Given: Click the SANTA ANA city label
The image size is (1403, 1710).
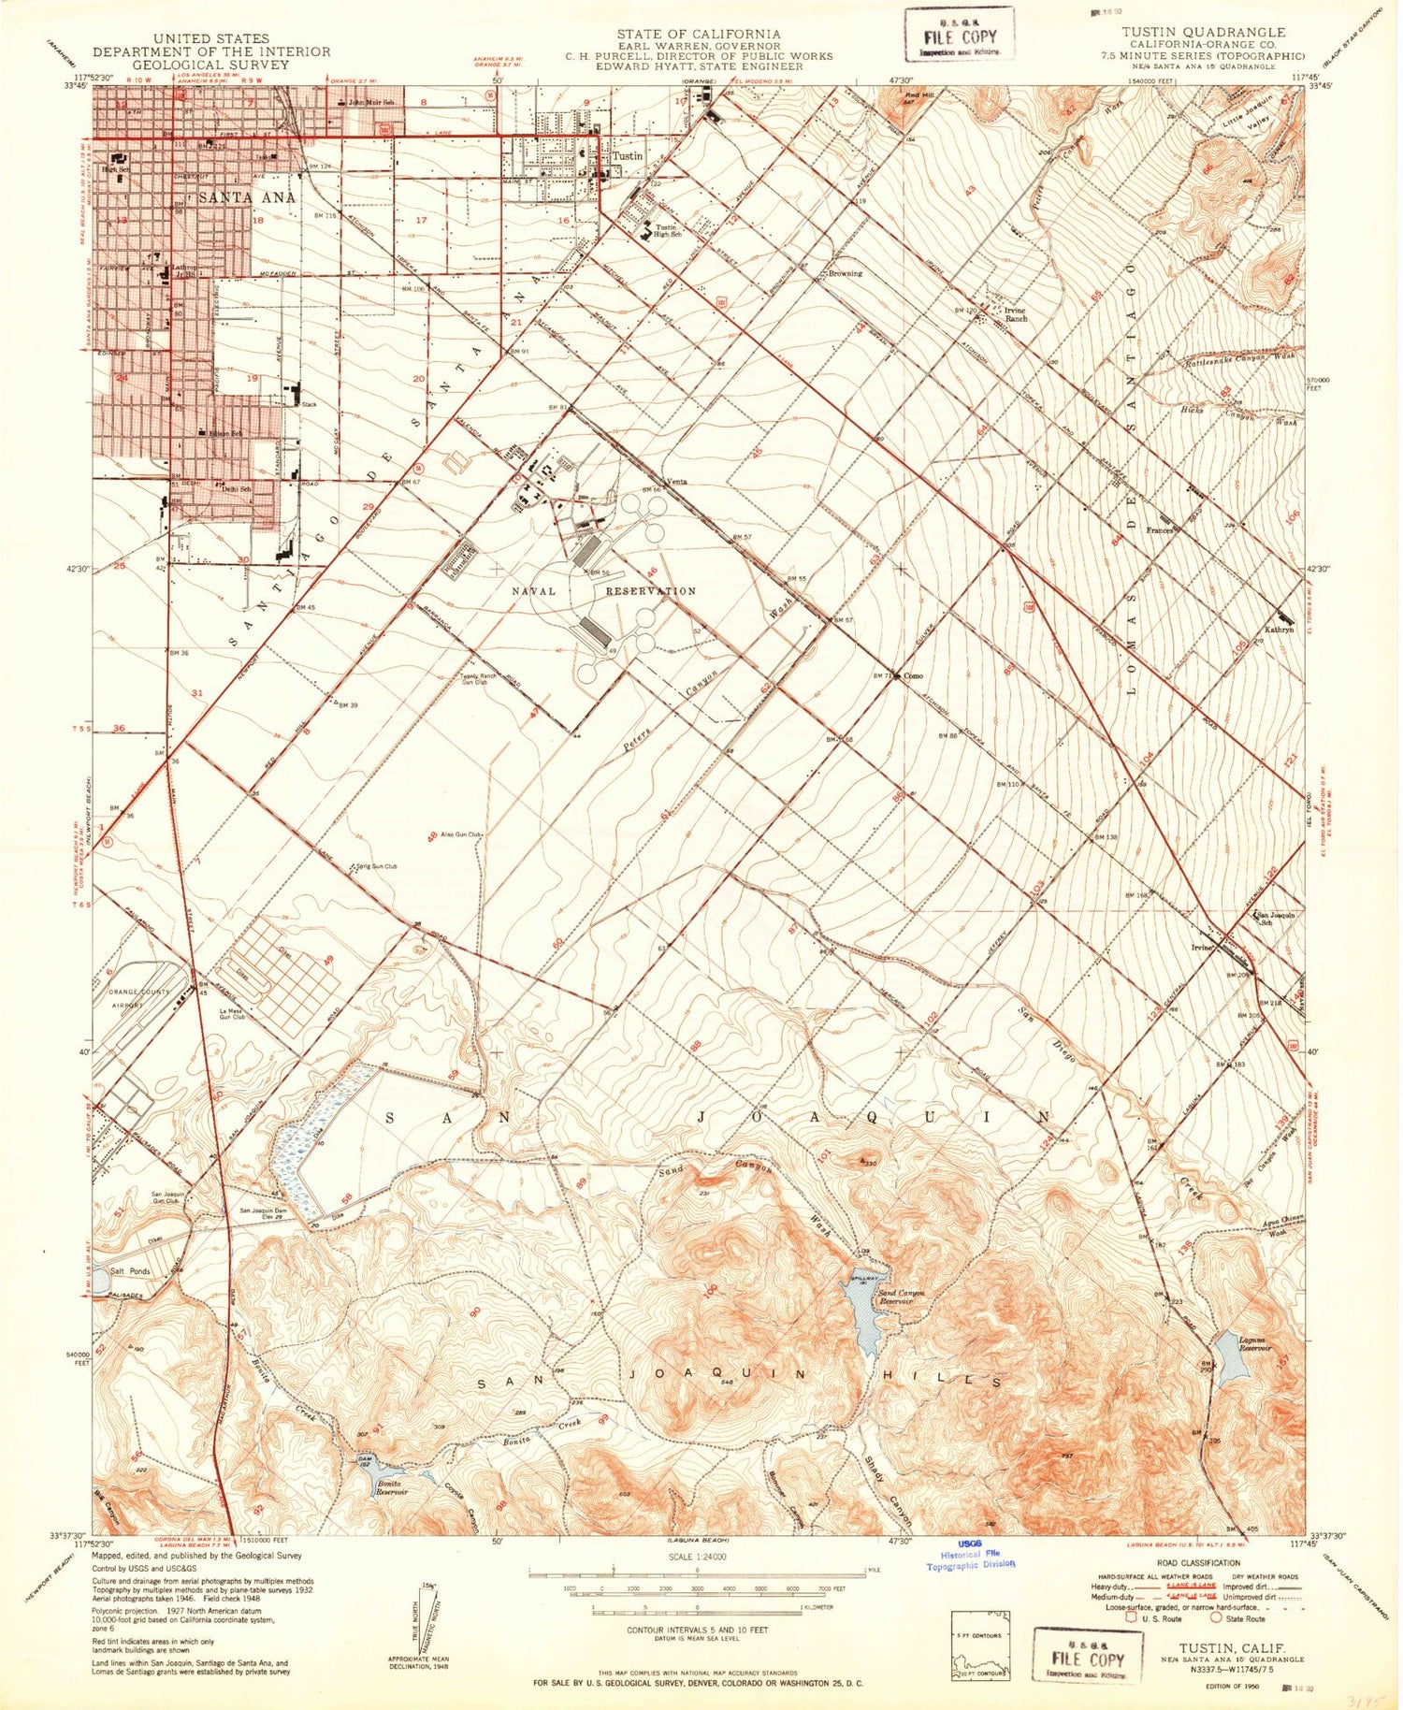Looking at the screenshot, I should (x=247, y=197).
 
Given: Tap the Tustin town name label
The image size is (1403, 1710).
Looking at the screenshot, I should (x=627, y=156).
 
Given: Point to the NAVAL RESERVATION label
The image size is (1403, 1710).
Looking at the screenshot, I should (x=603, y=591).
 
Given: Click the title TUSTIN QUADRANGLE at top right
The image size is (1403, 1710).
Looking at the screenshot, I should (x=1203, y=32).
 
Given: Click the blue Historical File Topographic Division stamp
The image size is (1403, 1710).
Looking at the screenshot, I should (x=970, y=1555).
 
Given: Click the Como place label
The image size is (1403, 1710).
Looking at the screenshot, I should (x=913, y=676).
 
